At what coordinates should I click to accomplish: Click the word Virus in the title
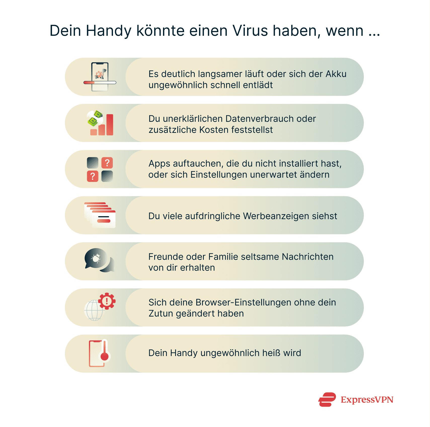[250, 31]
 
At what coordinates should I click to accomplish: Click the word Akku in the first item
[336, 74]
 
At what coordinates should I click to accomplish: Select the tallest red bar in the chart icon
[110, 125]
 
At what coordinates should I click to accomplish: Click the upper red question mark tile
[107, 163]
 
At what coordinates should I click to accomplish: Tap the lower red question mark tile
[93, 176]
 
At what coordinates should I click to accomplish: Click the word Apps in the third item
[159, 164]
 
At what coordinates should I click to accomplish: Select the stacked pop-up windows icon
[100, 215]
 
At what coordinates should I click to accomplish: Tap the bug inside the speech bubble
[96, 258]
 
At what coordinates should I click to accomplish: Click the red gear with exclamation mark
[107, 301]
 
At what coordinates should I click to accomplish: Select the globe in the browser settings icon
[94, 310]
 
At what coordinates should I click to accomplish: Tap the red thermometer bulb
[104, 356]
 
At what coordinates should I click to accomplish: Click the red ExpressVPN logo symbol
[327, 399]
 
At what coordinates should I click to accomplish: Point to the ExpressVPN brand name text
[367, 400]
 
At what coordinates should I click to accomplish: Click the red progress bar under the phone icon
[89, 83]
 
